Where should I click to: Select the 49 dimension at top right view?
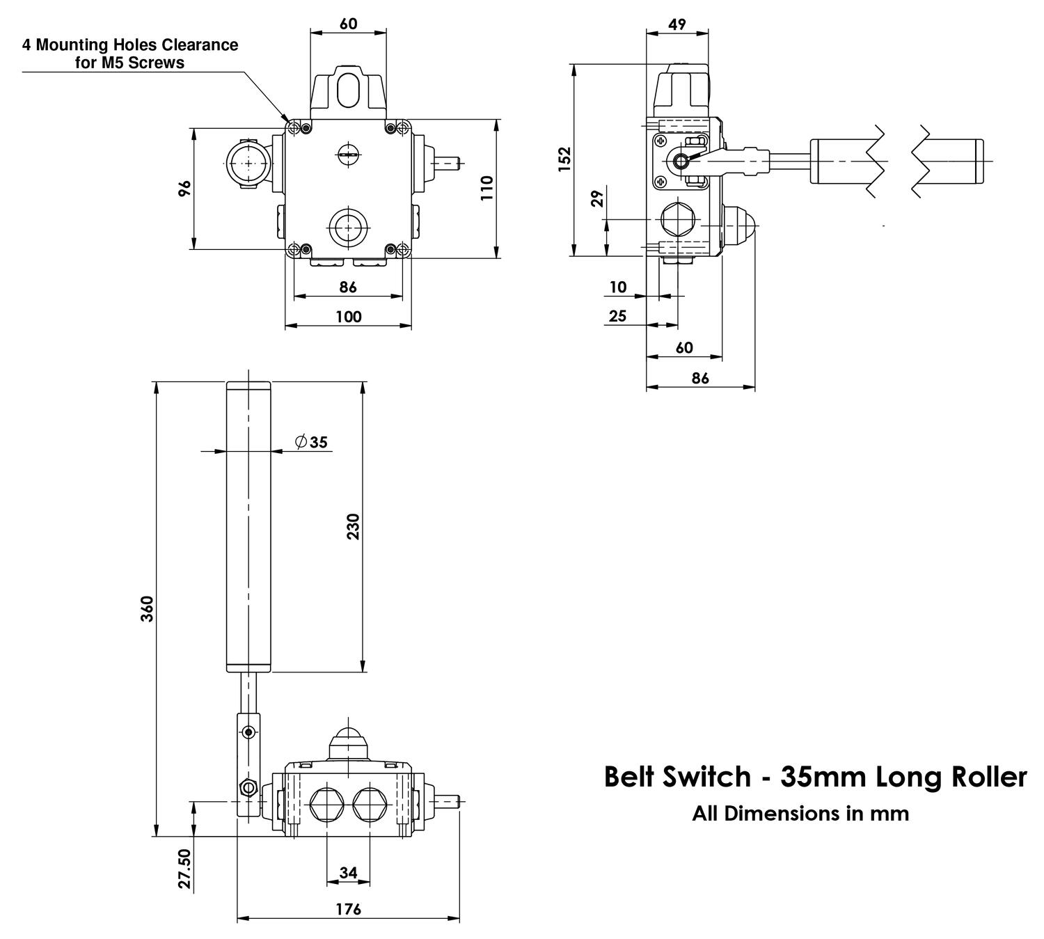677,24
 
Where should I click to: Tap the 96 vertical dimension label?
184,188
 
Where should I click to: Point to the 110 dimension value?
487,189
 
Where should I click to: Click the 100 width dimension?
348,317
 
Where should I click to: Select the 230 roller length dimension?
353,527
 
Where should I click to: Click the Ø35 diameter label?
311,442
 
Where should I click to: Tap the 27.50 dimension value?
184,868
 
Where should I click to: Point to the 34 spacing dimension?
348,872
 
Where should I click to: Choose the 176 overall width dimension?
348,909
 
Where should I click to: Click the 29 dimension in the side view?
597,200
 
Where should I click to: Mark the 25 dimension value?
617,316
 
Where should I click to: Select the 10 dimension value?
617,287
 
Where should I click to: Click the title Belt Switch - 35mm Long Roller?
815,777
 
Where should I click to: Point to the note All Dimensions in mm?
800,813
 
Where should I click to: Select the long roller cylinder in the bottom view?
248,527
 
